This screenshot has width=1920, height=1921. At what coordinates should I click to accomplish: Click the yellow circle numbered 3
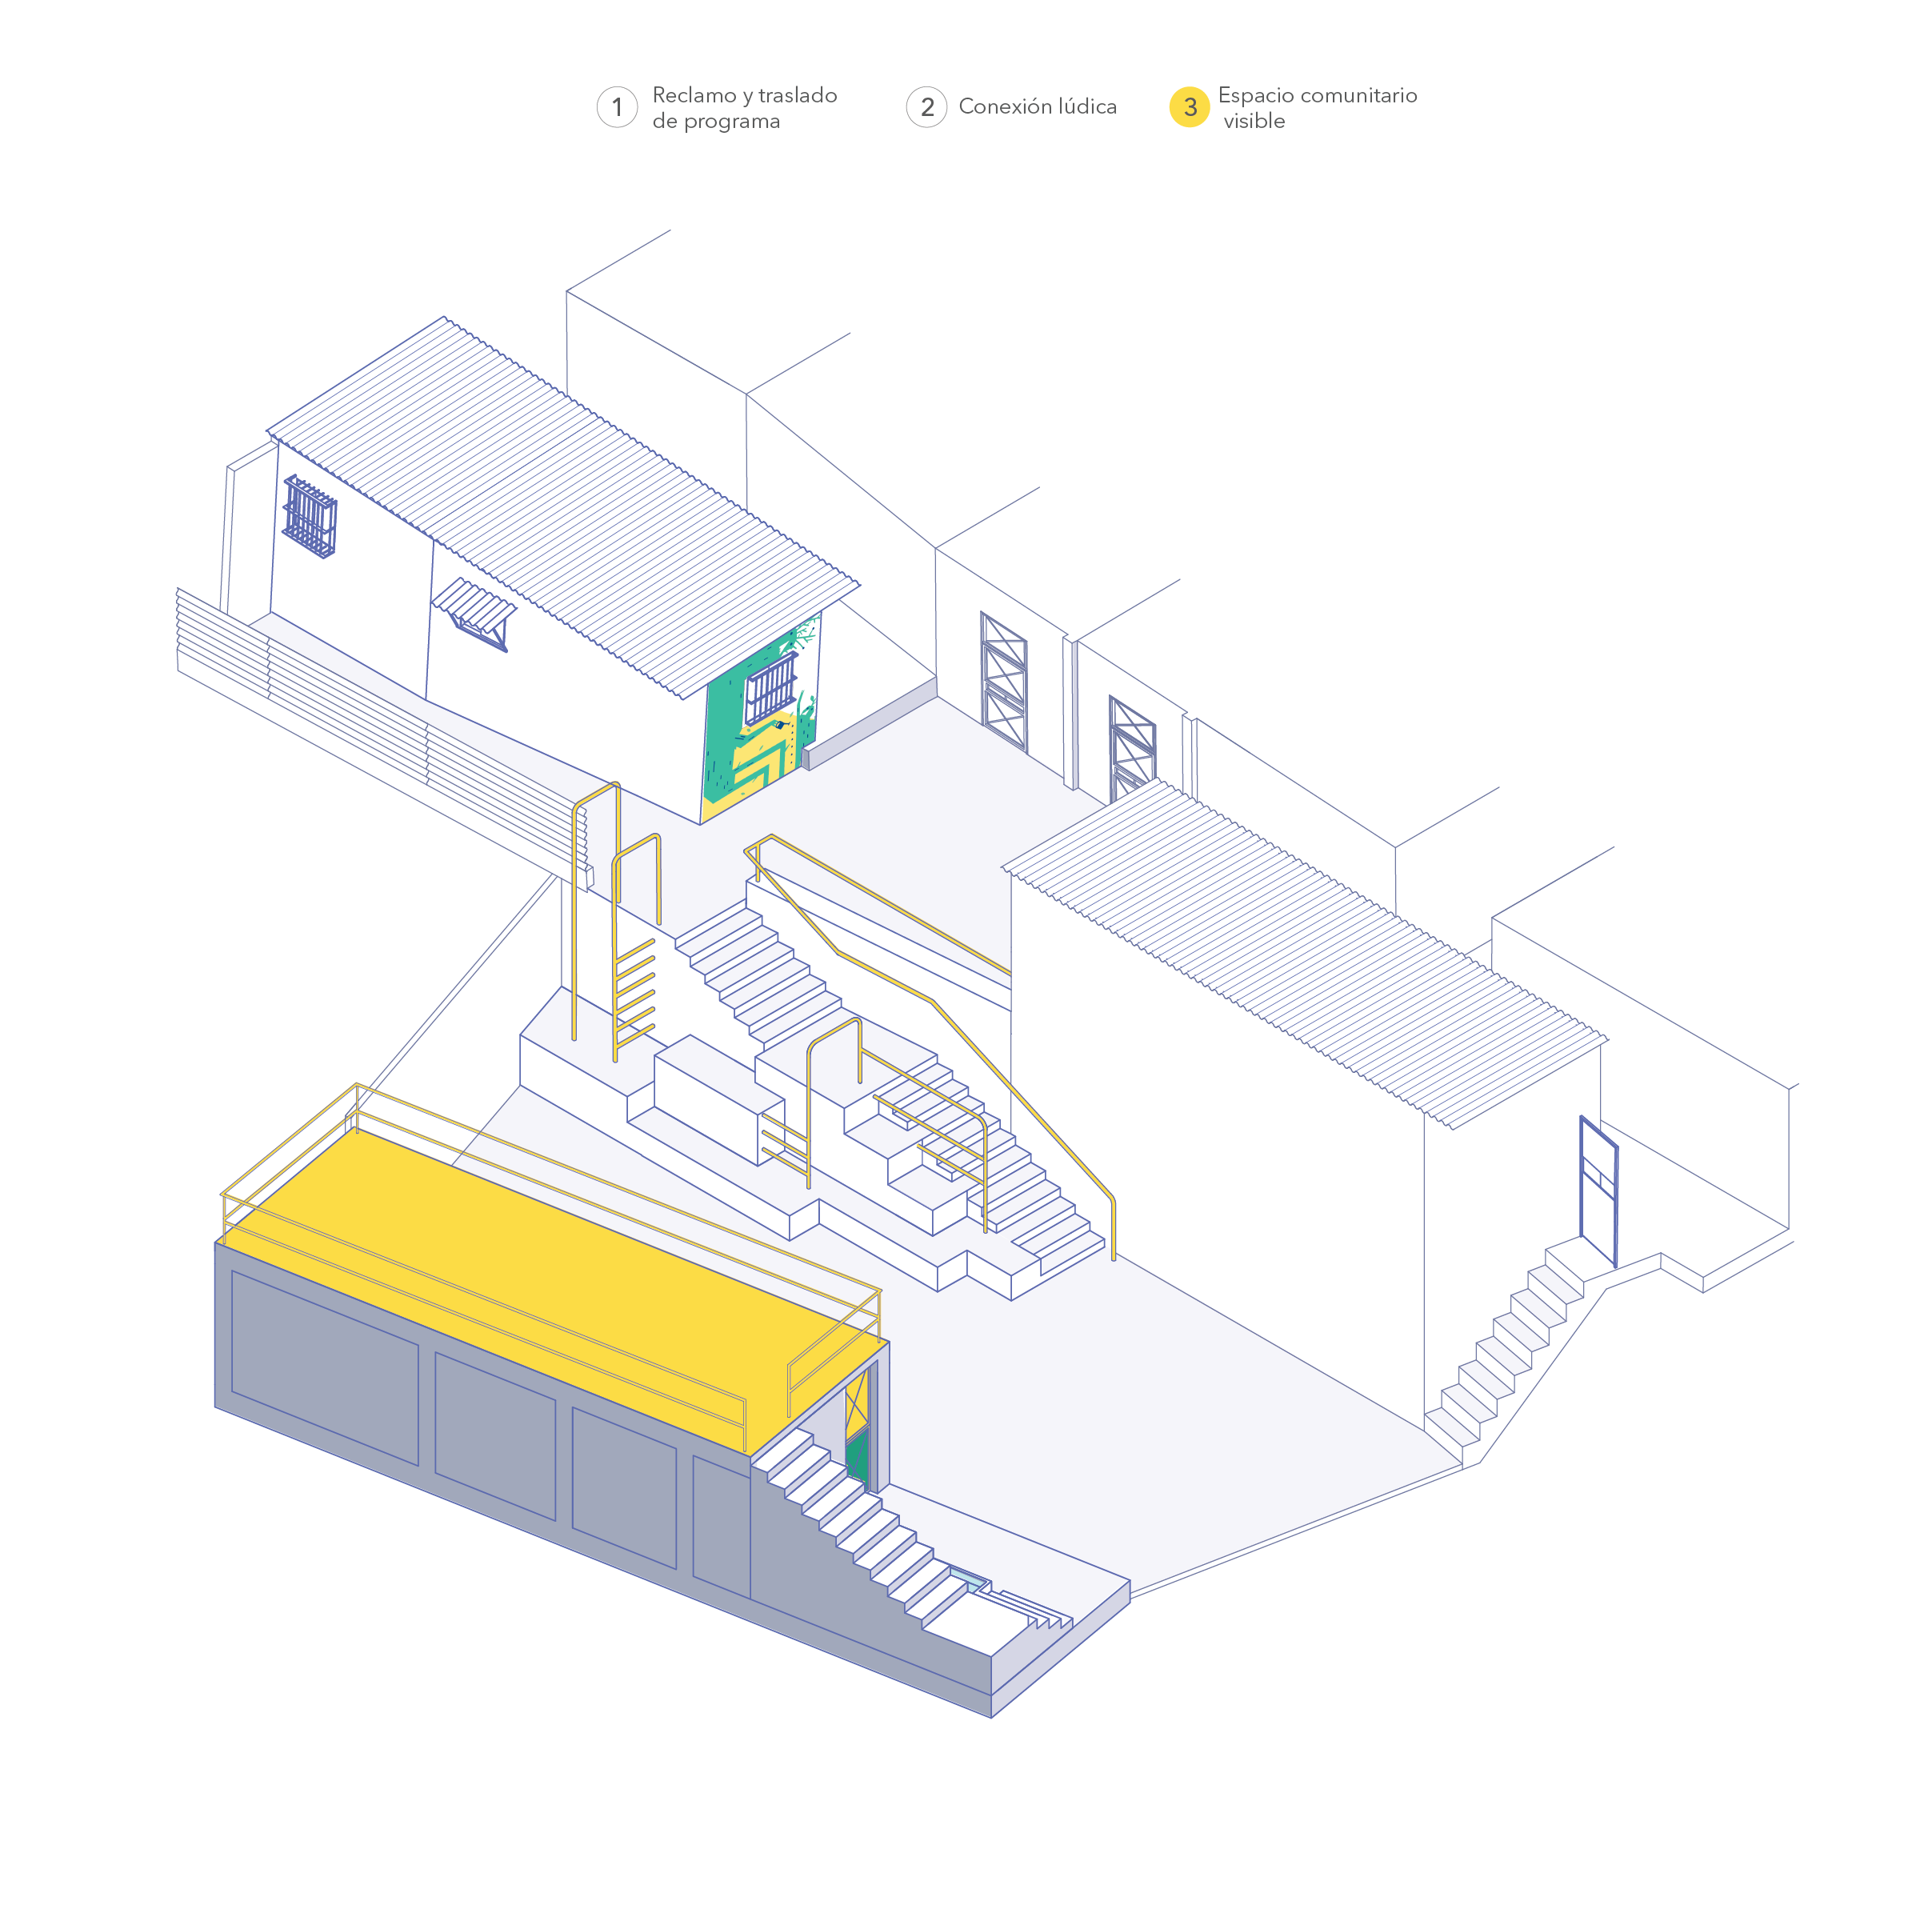pyautogui.click(x=1188, y=107)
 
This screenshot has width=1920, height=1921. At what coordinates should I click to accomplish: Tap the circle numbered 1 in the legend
pyautogui.click(x=617, y=107)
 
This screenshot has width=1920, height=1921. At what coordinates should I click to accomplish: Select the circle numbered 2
pyautogui.click(x=926, y=107)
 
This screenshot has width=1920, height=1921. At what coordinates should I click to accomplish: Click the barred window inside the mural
pyautogui.click(x=771, y=687)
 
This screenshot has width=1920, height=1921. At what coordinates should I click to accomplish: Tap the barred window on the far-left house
pyautogui.click(x=310, y=517)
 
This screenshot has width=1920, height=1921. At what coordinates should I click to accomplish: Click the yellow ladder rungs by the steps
pyautogui.click(x=634, y=995)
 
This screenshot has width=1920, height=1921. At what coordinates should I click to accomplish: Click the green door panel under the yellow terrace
pyautogui.click(x=856, y=1459)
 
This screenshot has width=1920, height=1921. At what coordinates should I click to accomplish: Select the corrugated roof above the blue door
pyautogui.click(x=1302, y=954)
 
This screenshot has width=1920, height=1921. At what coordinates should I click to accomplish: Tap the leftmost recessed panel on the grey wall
pyautogui.click(x=324, y=1367)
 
